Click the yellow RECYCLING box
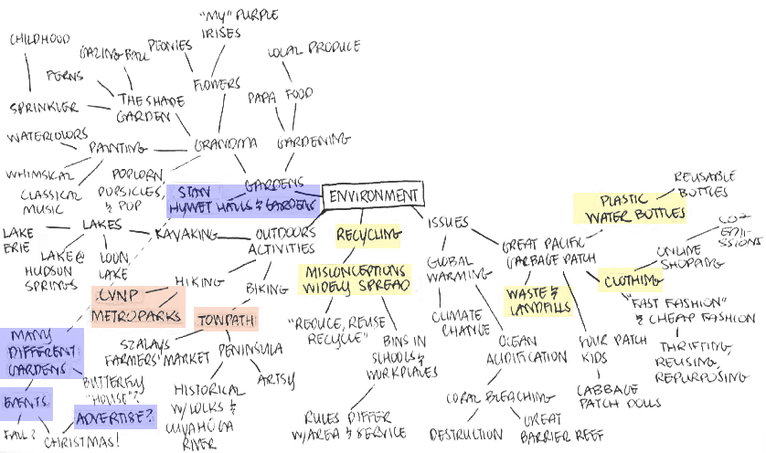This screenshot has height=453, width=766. click(x=367, y=237)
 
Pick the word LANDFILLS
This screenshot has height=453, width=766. click(x=539, y=310)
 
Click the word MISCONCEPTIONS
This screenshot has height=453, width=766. click(x=354, y=273)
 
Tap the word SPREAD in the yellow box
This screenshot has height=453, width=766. click(x=384, y=288)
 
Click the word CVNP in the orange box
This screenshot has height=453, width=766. click(x=119, y=299)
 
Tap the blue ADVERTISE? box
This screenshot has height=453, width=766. click(x=115, y=417)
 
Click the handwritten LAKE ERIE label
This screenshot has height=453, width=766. click(x=16, y=240)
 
